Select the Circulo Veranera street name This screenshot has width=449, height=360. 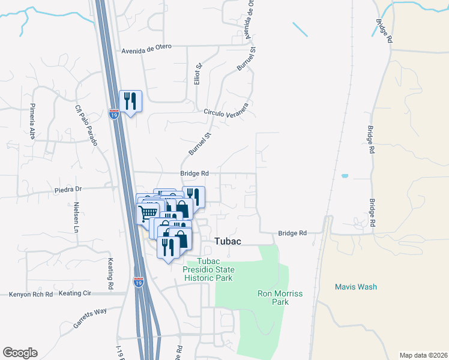pos(226,113)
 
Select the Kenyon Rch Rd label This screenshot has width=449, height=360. pos(31,295)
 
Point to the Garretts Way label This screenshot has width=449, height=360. pos(90,318)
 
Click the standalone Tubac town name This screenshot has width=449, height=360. pos(228,241)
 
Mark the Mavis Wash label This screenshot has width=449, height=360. pos(356,287)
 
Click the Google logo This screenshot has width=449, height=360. pos(20,352)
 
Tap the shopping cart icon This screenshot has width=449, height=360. pos(148,212)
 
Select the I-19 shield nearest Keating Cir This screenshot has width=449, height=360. pos(139,281)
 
